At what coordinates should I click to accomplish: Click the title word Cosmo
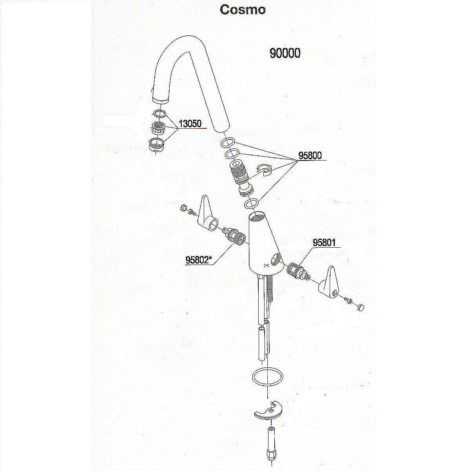pyautogui.click(x=243, y=9)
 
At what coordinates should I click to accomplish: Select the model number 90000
pyautogui.click(x=285, y=53)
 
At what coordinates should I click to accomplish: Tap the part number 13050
pyautogui.click(x=190, y=124)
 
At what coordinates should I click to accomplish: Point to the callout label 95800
pyautogui.click(x=310, y=156)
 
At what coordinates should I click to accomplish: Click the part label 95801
pyautogui.click(x=324, y=243)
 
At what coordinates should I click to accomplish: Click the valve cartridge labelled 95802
pyautogui.click(x=233, y=234)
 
